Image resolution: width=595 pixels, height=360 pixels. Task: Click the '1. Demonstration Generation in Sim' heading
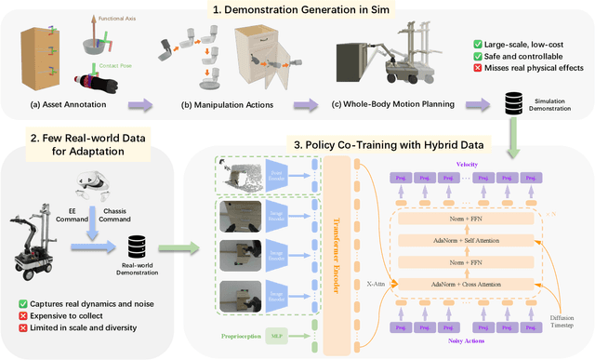[x=302, y=11]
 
